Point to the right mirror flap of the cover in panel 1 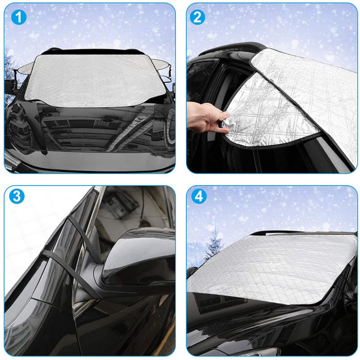[x=162, y=67]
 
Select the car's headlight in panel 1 [x=13, y=160]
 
